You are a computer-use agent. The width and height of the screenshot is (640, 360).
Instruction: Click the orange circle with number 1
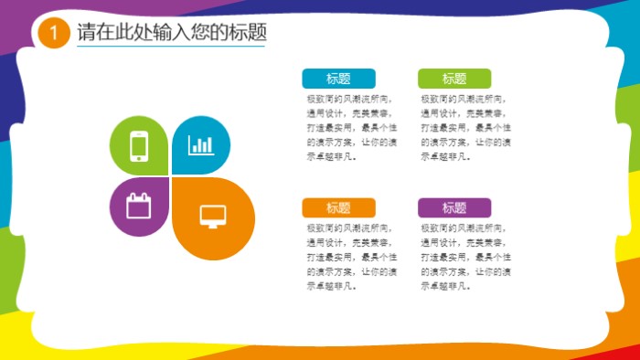[55, 34]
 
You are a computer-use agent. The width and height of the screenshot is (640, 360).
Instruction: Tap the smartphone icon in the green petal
[139, 146]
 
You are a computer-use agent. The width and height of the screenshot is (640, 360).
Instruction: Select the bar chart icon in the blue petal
[201, 144]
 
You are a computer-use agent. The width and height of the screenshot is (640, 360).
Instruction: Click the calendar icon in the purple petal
[138, 206]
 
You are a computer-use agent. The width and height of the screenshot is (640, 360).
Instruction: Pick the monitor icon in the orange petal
[213, 217]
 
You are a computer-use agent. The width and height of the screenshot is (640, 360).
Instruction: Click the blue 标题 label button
[338, 79]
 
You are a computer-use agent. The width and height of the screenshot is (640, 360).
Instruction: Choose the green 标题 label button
[454, 79]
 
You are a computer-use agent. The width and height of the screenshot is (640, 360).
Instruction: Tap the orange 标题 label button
[338, 207]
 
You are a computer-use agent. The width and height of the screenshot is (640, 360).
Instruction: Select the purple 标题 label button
[454, 207]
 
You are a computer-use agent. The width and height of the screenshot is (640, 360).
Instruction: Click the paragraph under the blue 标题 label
[351, 127]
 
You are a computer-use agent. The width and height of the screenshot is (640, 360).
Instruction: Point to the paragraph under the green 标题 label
[465, 127]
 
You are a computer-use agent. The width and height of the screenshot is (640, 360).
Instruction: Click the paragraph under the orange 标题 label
[351, 257]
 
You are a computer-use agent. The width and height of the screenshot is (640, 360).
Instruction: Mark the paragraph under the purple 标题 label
[465, 257]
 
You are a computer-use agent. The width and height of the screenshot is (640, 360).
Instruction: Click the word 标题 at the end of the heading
[247, 33]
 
